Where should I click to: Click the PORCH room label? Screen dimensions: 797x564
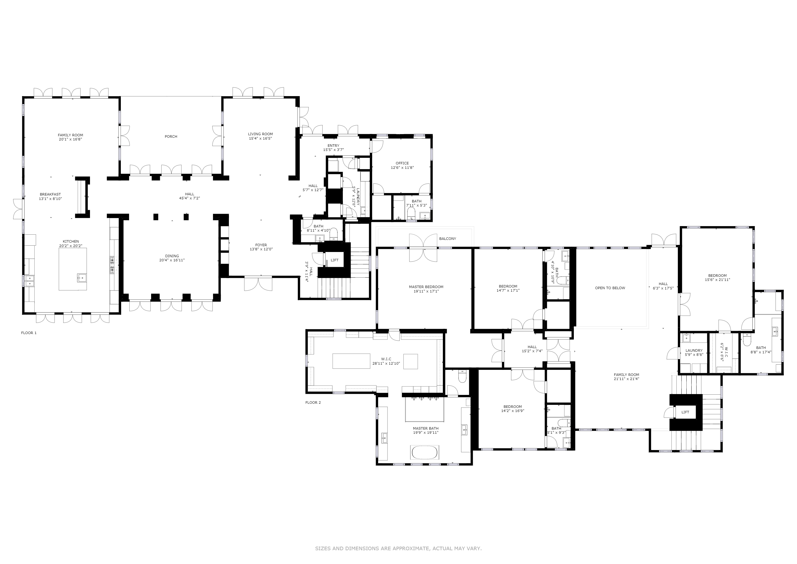tap(171, 137)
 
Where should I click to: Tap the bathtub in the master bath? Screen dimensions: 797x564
tap(425, 452)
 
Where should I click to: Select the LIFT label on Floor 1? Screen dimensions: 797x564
tap(334, 260)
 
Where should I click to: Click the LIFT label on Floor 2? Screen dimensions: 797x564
tap(685, 412)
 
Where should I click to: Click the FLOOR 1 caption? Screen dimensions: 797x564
tap(29, 333)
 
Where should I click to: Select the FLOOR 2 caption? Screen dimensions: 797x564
tap(313, 403)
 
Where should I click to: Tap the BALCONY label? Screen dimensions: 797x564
tap(447, 238)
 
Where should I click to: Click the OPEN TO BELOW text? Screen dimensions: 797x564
tap(610, 288)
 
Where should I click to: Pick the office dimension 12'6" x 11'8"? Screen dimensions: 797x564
tap(402, 167)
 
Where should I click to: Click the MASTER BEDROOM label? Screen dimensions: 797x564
tap(426, 287)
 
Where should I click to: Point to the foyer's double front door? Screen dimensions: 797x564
tap(258, 283)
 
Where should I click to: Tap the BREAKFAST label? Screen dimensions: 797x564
tap(50, 194)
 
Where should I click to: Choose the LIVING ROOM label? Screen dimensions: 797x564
tap(260, 134)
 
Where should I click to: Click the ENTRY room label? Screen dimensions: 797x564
tap(333, 145)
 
